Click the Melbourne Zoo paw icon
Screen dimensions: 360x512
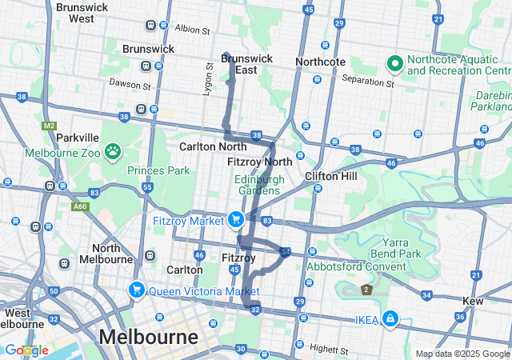click(113, 150)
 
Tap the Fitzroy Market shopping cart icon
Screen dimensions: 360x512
click(235, 218)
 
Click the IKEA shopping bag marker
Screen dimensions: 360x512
click(390, 319)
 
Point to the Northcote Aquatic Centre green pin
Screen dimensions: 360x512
click(394, 62)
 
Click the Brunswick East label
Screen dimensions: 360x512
click(246, 64)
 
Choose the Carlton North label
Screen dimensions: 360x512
click(213, 146)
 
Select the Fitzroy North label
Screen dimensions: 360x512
click(260, 162)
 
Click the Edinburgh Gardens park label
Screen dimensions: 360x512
click(259, 186)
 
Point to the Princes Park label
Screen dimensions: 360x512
click(158, 170)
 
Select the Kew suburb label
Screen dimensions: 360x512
click(474, 301)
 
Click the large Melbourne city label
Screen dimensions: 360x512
click(149, 336)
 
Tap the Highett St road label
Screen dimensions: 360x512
click(330, 350)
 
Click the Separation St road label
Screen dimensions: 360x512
click(368, 82)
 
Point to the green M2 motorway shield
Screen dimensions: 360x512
click(50, 126)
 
